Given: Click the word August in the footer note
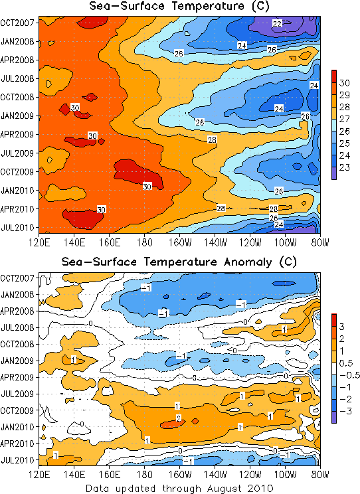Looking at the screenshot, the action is (223, 488).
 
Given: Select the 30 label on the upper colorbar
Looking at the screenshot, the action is (345, 83).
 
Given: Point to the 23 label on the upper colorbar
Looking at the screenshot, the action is (345, 167).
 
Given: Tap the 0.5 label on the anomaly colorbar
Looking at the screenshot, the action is (346, 363).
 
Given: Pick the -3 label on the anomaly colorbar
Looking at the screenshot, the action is (346, 411).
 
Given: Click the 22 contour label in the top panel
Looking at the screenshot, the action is (277, 23).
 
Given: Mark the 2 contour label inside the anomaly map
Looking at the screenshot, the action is (179, 418).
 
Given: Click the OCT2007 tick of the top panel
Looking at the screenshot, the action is (17, 23).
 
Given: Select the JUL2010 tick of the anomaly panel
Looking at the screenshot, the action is (18, 460).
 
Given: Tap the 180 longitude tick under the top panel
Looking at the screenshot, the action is (145, 242).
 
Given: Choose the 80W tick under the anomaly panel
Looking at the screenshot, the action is (320, 475).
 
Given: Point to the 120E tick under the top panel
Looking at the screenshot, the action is (39, 242).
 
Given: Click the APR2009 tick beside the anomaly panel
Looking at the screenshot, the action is (17, 377).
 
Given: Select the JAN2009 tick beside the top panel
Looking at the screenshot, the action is (18, 116).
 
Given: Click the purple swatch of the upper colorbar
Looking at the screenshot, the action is (334, 173).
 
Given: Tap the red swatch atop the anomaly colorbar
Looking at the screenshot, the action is (334, 320).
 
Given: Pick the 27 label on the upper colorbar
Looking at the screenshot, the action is (345, 119).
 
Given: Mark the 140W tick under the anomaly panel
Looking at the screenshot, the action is (215, 475).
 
